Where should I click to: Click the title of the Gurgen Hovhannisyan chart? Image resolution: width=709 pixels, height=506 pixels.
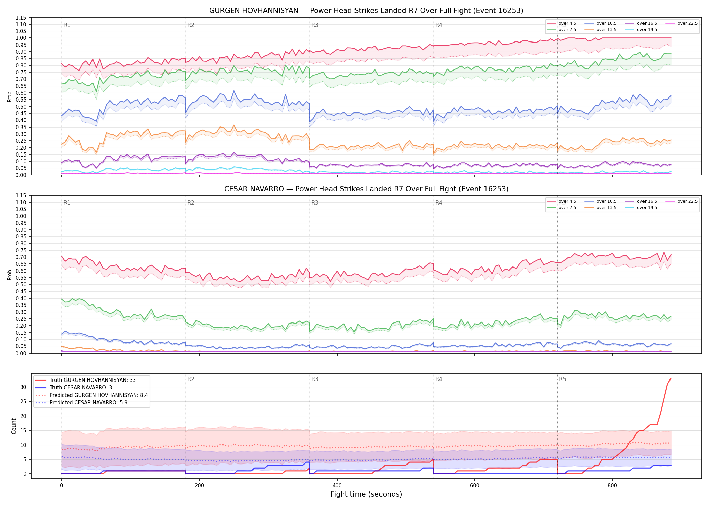(366, 11)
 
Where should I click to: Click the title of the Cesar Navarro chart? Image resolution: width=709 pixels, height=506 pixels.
(366, 189)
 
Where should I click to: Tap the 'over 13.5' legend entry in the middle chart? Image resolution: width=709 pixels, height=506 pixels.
(601, 208)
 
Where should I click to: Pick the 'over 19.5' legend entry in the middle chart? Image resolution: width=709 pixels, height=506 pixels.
(641, 208)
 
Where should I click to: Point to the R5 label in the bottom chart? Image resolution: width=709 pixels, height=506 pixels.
(562, 379)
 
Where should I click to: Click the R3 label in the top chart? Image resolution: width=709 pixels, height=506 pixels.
(315, 25)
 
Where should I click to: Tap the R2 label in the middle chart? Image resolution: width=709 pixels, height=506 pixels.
(191, 203)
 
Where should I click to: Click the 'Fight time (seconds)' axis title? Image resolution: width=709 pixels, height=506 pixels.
(366, 494)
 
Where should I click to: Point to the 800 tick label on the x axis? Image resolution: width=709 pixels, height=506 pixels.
(612, 486)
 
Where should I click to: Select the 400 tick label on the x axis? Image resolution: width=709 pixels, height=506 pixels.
(337, 486)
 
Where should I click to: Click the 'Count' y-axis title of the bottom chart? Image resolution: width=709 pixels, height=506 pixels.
(14, 426)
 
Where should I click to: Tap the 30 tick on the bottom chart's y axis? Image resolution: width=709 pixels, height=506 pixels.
(23, 387)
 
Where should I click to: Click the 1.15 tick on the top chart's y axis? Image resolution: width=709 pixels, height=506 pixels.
(21, 18)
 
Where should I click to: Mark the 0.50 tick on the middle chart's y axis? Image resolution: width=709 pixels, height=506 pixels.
(21, 284)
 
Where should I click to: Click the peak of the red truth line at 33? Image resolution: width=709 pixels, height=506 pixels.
(671, 378)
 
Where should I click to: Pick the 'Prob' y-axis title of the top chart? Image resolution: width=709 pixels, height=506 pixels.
(9, 96)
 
